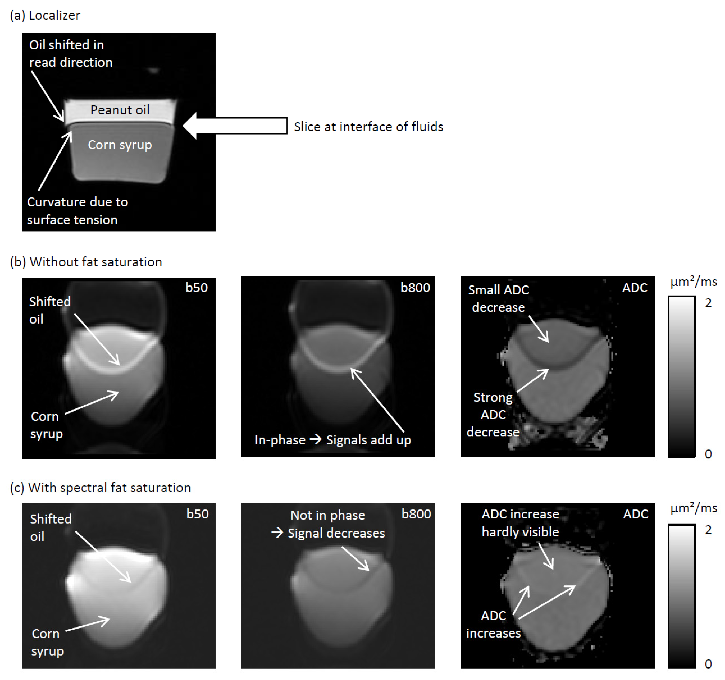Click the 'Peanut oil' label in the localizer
click(120, 110)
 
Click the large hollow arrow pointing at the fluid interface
click(235, 126)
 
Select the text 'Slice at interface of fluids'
click(368, 127)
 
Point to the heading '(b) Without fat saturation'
click(86, 262)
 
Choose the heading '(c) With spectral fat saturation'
click(100, 488)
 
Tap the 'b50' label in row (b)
click(197, 288)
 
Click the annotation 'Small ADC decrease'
click(498, 298)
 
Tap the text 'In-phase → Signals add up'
click(333, 440)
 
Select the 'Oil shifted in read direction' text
click(71, 53)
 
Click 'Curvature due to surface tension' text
click(77, 211)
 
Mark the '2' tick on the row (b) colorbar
click(708, 303)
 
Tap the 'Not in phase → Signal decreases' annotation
click(328, 524)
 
